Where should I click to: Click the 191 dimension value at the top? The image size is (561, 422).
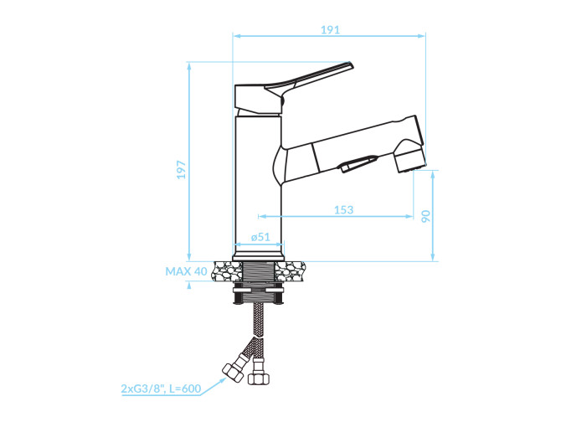[x=330, y=29]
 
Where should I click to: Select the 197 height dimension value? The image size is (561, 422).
[x=182, y=169]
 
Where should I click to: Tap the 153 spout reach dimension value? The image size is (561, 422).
[x=343, y=209]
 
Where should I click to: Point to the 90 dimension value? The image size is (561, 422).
[x=425, y=216]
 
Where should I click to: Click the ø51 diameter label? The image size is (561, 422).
[x=260, y=237]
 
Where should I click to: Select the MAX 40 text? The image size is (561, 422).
[x=186, y=271]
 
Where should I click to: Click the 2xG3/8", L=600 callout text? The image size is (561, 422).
[x=161, y=389]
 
